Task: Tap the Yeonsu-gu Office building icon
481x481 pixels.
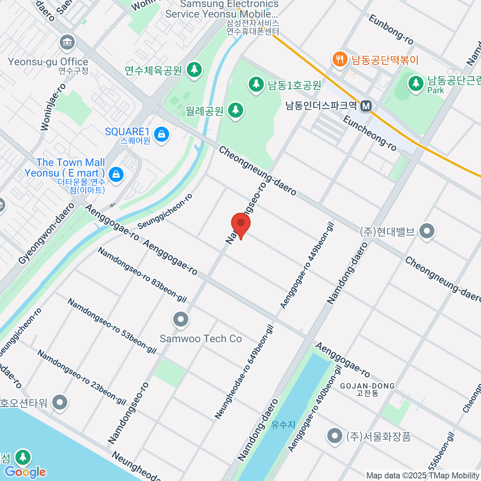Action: point(67,43)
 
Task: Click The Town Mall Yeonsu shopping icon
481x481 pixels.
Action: point(116,174)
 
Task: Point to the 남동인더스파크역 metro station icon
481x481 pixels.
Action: point(366,106)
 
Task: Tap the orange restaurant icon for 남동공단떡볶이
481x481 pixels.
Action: point(340,60)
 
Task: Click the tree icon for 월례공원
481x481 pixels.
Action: point(235,111)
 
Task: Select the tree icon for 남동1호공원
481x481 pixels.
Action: point(255,85)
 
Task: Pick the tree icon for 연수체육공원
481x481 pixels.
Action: point(194,70)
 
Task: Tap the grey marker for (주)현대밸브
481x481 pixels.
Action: point(426,231)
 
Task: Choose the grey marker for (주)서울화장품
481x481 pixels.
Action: point(334,436)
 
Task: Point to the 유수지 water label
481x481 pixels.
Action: point(283,424)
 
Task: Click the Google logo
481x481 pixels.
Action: point(25,472)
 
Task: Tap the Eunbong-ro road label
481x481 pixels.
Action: point(391,30)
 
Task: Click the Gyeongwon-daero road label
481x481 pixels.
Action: point(46,233)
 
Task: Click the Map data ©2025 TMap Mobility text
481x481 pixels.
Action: point(423,476)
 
